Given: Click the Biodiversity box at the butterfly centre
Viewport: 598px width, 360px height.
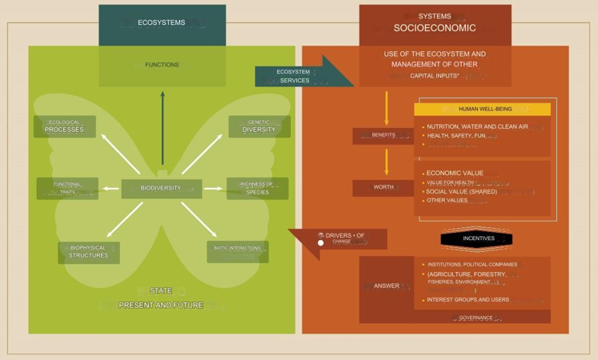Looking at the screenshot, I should [x=161, y=189].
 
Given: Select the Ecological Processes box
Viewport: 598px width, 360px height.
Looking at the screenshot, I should [x=65, y=126].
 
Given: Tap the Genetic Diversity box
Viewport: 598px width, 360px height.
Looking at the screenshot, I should [x=259, y=126].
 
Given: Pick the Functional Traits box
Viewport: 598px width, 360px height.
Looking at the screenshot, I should [x=67, y=189].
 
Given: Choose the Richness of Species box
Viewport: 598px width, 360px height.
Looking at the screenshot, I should [x=257, y=189].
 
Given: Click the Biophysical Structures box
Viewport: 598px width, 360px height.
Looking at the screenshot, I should [x=88, y=252].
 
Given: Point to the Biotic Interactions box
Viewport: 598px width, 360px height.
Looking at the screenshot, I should [x=237, y=251].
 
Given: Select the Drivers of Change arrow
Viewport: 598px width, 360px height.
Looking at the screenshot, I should [x=340, y=239].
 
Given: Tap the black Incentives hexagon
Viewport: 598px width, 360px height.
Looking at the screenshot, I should [x=476, y=238].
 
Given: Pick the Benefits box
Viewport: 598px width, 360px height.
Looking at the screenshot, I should [x=383, y=135].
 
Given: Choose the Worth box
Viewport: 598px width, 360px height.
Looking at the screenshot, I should [x=383, y=187].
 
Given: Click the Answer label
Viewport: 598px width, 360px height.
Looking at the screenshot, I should [x=386, y=286].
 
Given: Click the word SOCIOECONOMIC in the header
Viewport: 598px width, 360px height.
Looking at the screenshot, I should [x=435, y=28].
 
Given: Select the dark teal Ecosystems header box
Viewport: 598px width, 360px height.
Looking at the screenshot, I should [x=162, y=24].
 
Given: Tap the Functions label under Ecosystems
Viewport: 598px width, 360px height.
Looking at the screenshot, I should [x=162, y=65].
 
